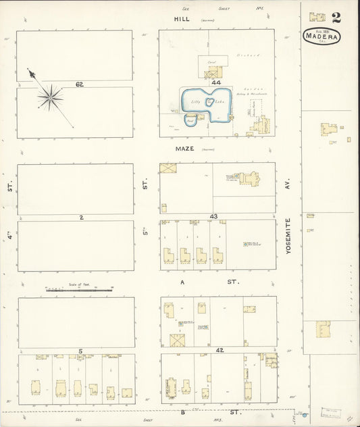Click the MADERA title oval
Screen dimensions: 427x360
(322, 36)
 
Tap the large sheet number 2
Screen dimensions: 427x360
(336, 17)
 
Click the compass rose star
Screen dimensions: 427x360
(50, 98)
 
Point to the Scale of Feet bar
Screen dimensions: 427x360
(79, 288)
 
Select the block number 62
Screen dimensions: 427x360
(79, 84)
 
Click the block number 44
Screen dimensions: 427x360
(216, 82)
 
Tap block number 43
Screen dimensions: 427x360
(213, 216)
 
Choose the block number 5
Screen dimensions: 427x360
(80, 351)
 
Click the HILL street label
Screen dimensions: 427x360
(181, 20)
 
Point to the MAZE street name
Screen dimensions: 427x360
(186, 149)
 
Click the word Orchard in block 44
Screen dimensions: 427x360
(244, 55)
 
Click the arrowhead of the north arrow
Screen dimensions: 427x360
(30, 72)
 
